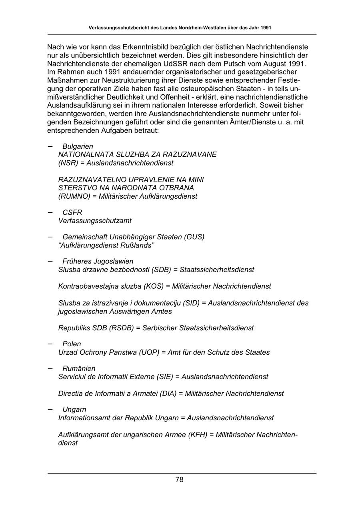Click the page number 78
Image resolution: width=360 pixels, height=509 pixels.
click(x=179, y=480)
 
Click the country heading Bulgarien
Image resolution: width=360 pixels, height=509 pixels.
click(x=78, y=147)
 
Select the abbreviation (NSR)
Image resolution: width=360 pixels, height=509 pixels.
click(x=69, y=163)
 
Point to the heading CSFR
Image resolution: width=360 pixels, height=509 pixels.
click(x=72, y=212)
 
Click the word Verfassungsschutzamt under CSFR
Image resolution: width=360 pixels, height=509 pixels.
click(x=95, y=221)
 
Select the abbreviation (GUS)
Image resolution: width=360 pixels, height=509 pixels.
click(x=194, y=237)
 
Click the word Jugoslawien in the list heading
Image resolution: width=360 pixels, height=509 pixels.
click(x=113, y=261)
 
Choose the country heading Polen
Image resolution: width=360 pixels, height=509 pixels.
click(x=72, y=344)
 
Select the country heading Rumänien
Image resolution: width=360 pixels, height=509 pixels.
click(x=79, y=369)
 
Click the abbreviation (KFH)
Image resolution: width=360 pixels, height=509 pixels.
click(x=198, y=435)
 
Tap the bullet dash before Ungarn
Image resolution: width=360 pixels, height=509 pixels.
click(x=50, y=409)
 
